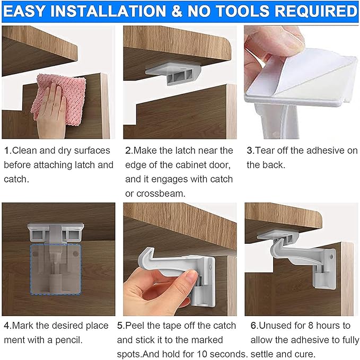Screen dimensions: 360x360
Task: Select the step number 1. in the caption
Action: point(7,151)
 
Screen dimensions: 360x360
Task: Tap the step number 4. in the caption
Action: point(7,325)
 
